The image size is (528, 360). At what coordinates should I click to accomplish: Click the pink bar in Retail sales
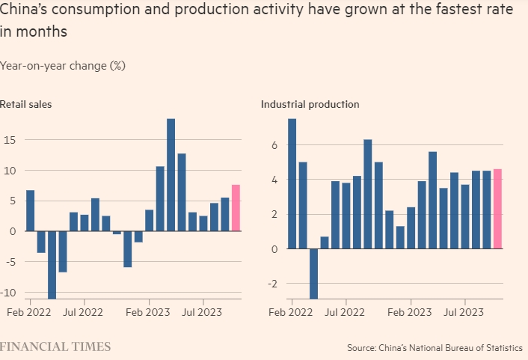click(x=236, y=208)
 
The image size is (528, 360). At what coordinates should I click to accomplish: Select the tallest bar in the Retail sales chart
click(x=171, y=174)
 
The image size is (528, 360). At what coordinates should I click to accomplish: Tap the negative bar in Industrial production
click(x=313, y=273)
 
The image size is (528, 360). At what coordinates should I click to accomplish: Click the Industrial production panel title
click(x=310, y=104)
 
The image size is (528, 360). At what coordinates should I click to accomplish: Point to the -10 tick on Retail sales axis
click(x=8, y=293)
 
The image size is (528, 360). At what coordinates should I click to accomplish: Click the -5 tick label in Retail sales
click(x=10, y=262)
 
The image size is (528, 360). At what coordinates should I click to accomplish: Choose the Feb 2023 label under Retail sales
click(x=147, y=310)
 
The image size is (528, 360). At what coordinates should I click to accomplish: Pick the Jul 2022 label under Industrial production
click(x=345, y=310)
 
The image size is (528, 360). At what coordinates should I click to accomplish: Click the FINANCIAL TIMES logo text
click(x=55, y=347)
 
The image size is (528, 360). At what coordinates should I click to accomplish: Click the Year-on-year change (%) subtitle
click(x=63, y=66)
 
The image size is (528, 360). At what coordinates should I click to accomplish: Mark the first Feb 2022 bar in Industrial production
click(x=292, y=184)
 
